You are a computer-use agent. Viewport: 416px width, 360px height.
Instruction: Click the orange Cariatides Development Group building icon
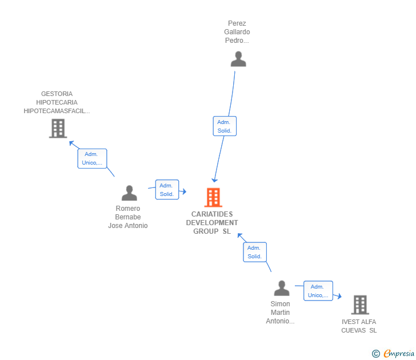pos(213,197)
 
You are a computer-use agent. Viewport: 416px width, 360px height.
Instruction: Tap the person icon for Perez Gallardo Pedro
pos(238,59)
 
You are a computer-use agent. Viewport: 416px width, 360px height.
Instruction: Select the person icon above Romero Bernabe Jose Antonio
pos(129,193)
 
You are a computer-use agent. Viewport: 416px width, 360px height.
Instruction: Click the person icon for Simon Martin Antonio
pos(281,288)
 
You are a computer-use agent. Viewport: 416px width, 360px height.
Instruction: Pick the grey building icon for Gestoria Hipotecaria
pos(58,128)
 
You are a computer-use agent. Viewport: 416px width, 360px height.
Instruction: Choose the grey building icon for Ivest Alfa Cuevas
pos(359,305)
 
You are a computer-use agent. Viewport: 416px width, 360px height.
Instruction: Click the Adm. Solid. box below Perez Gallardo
pos(224,126)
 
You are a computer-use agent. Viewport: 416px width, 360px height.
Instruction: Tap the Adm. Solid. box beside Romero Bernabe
pos(167,190)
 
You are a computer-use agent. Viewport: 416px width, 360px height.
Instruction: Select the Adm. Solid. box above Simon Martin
pos(255,252)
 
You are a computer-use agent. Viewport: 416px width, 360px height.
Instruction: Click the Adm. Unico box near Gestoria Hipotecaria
pos(92,158)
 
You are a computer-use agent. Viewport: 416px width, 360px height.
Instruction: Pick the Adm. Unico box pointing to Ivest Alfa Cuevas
pos(318,291)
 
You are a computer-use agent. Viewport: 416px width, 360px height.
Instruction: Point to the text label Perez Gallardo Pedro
pos(237,32)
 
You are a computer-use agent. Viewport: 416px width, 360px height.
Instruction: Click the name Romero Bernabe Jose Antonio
pos(128,217)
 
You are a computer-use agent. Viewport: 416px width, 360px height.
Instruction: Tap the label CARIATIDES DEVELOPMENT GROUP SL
pos(212,223)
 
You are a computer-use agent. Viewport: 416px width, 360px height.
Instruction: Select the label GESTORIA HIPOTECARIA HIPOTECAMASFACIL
pos(57,102)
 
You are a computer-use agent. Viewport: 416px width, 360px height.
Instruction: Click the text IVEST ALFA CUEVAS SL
pos(359,326)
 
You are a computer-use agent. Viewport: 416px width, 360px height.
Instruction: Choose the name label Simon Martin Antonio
pos(280,313)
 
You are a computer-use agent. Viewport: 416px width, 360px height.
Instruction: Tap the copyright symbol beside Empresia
pos(376,354)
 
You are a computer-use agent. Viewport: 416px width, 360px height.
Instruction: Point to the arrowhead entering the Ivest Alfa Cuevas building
pos(339,297)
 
